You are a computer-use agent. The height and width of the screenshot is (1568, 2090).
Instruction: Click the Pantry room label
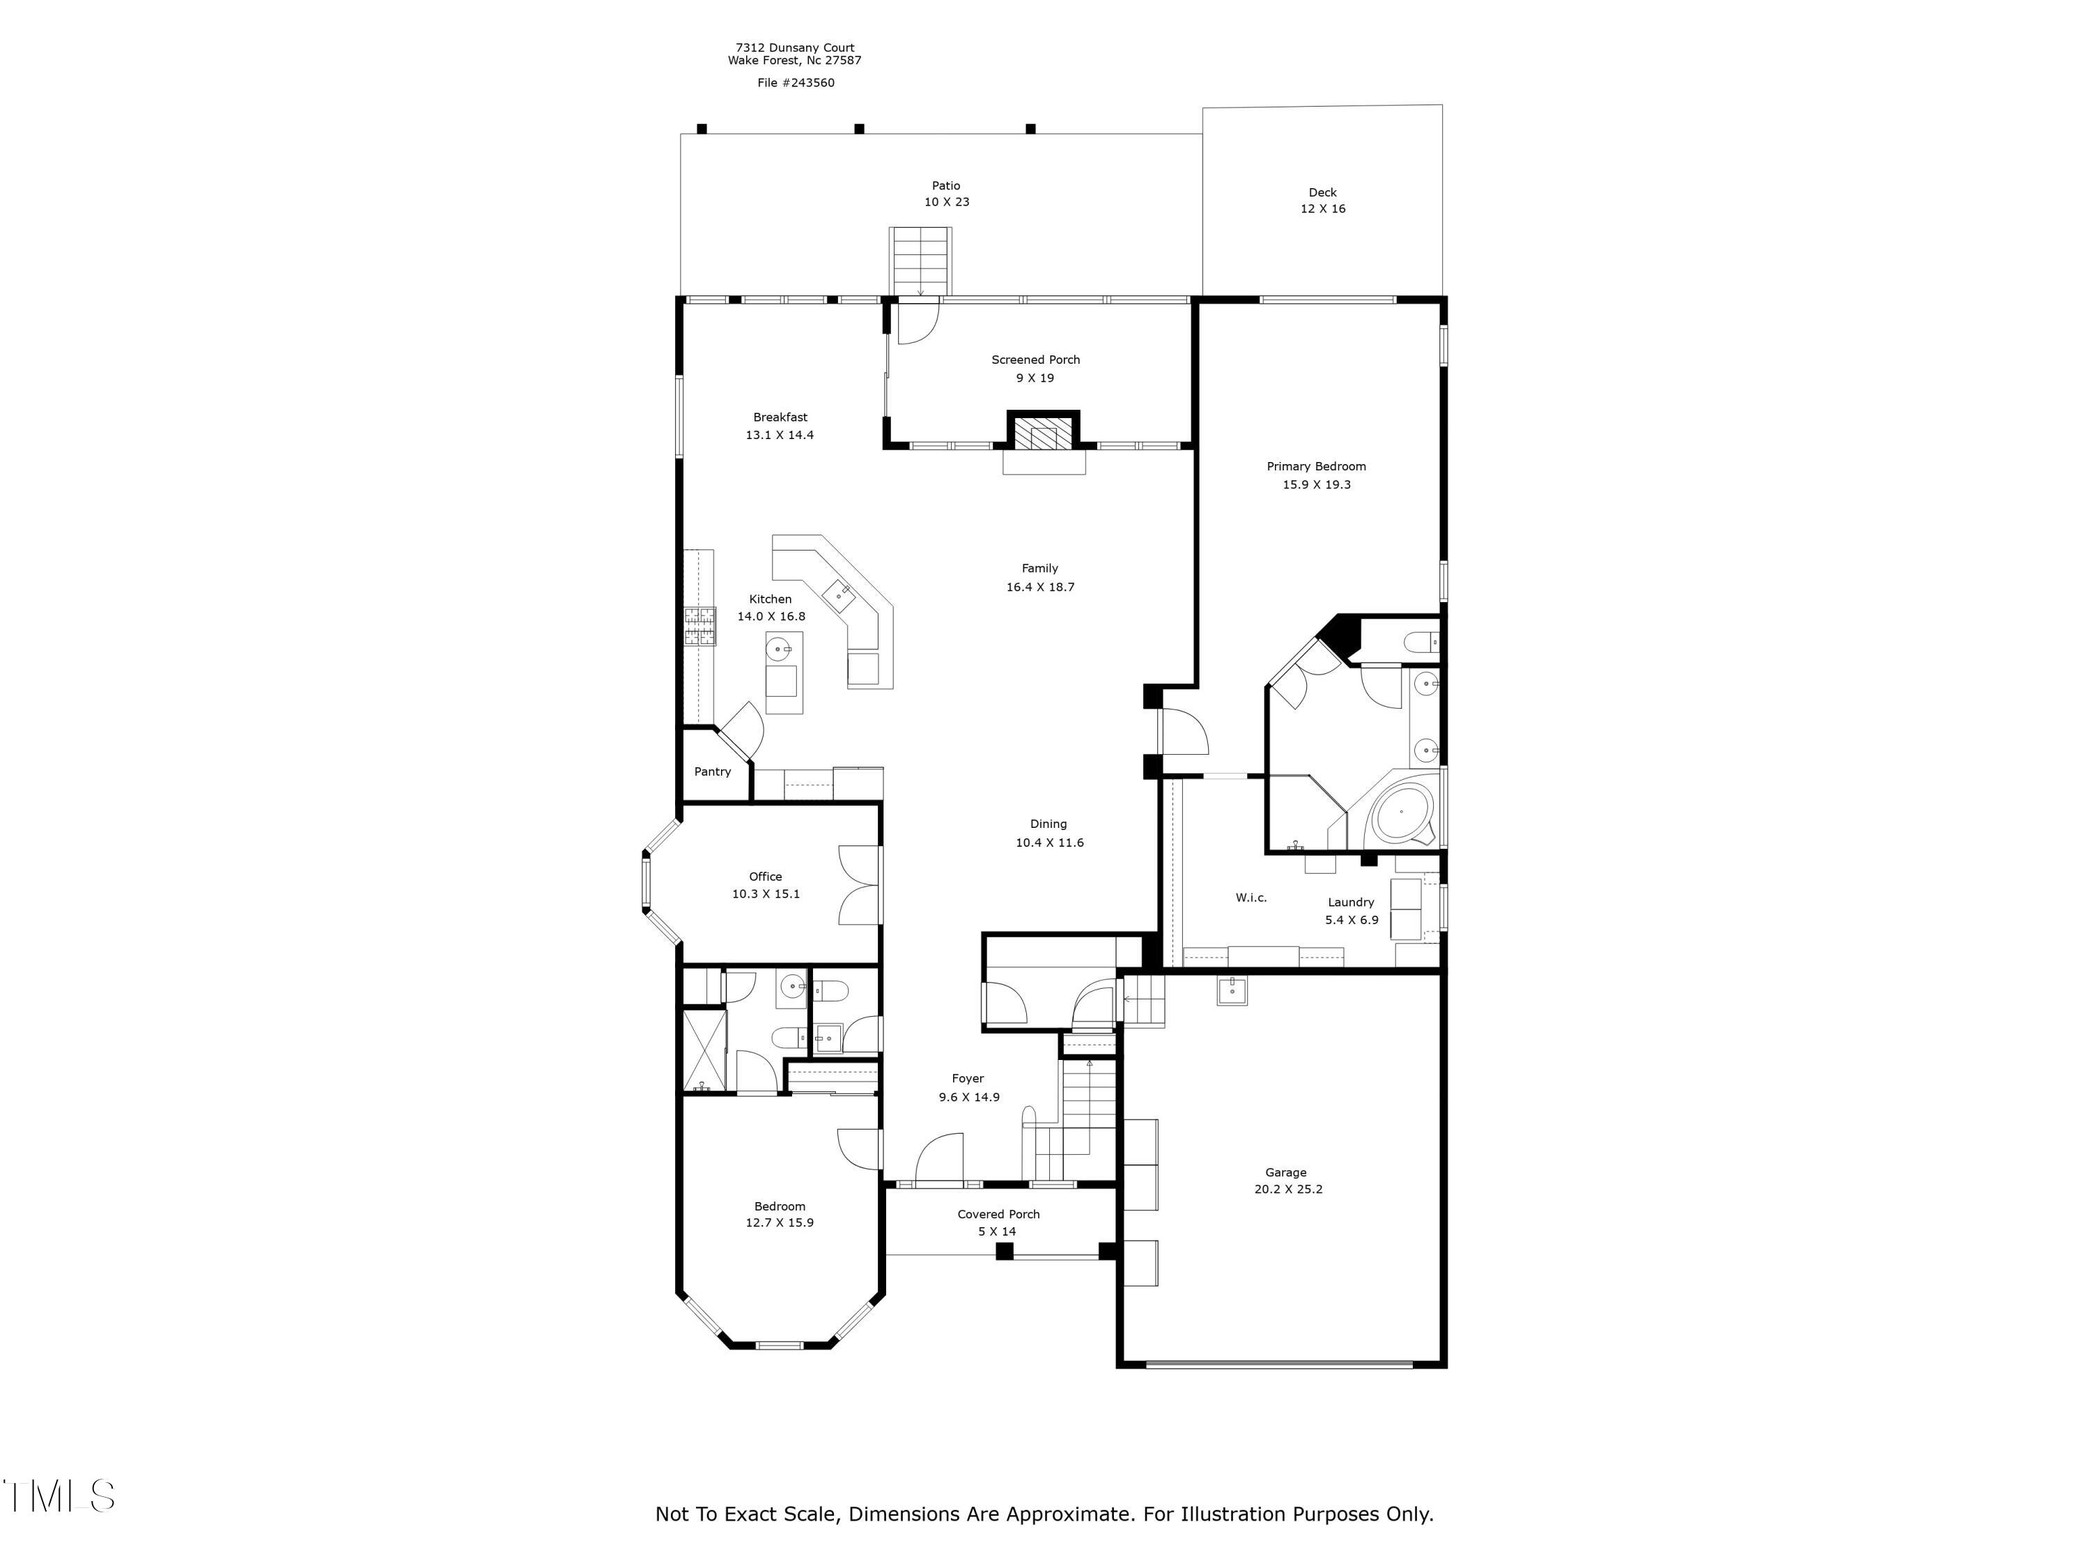(x=713, y=771)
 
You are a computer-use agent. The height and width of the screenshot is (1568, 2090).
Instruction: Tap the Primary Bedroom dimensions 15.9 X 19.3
(x=1316, y=485)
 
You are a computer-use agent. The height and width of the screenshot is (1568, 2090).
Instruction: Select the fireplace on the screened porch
(x=1043, y=436)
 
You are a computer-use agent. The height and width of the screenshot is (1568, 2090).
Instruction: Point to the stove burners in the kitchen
(x=699, y=627)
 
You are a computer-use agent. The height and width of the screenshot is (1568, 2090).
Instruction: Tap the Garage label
(x=1286, y=1172)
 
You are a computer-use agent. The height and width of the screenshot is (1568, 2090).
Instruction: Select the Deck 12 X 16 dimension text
(x=1323, y=209)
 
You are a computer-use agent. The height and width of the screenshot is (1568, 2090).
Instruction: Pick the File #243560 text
(x=796, y=83)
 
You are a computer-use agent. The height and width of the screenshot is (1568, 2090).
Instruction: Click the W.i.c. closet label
(x=1251, y=898)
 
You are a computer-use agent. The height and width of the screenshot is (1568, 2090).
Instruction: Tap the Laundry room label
(x=1350, y=902)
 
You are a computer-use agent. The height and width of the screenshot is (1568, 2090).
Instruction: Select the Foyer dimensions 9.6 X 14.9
(x=968, y=1098)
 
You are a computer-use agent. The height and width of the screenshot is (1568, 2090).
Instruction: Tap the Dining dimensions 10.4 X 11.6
(x=1048, y=843)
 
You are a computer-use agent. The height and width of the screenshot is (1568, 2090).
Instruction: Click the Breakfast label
(x=780, y=417)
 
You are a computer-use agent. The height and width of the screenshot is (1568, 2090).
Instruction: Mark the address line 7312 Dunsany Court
(x=795, y=47)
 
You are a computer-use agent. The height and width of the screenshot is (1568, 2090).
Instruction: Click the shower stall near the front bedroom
(x=704, y=1049)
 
